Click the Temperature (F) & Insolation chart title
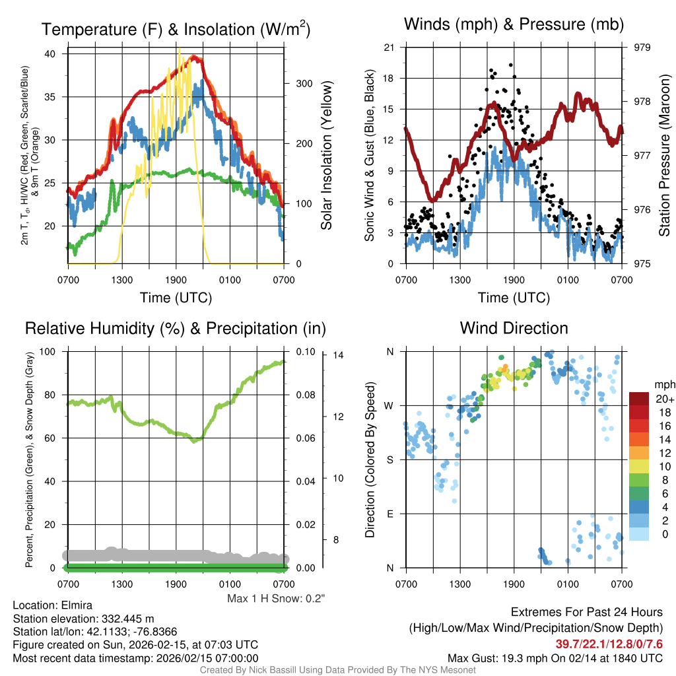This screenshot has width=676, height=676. [176, 29]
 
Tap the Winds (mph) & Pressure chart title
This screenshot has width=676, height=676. [514, 24]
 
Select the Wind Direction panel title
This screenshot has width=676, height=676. [514, 328]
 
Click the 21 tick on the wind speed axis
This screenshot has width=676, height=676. [389, 48]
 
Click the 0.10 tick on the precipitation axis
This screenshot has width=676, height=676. [306, 352]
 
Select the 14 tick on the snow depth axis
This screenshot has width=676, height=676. [339, 356]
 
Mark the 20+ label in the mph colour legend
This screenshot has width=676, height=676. [664, 399]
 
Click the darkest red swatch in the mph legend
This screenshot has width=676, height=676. [639, 399]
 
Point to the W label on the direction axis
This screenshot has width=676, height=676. [390, 405]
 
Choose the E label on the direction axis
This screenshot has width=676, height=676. [390, 514]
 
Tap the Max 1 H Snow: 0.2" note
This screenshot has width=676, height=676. [276, 599]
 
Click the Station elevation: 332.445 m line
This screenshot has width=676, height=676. [83, 619]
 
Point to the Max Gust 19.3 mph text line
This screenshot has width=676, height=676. [555, 658]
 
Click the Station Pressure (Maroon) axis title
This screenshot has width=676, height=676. [665, 155]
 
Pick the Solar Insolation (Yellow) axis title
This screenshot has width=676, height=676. [326, 155]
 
